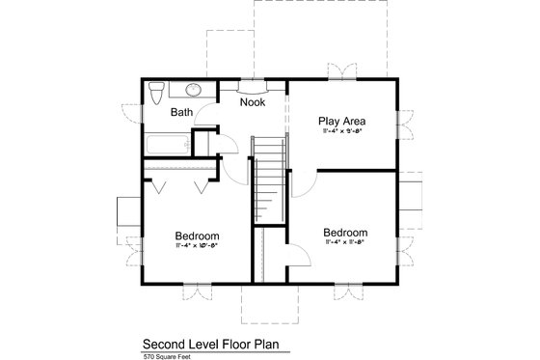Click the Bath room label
click(x=181, y=113)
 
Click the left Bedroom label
click(x=197, y=235)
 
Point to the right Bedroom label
click(x=344, y=233)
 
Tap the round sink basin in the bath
click(x=193, y=90)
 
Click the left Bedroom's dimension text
click(x=197, y=246)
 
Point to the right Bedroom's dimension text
click(x=344, y=243)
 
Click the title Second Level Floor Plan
click(x=215, y=343)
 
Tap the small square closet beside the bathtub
click(x=203, y=142)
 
